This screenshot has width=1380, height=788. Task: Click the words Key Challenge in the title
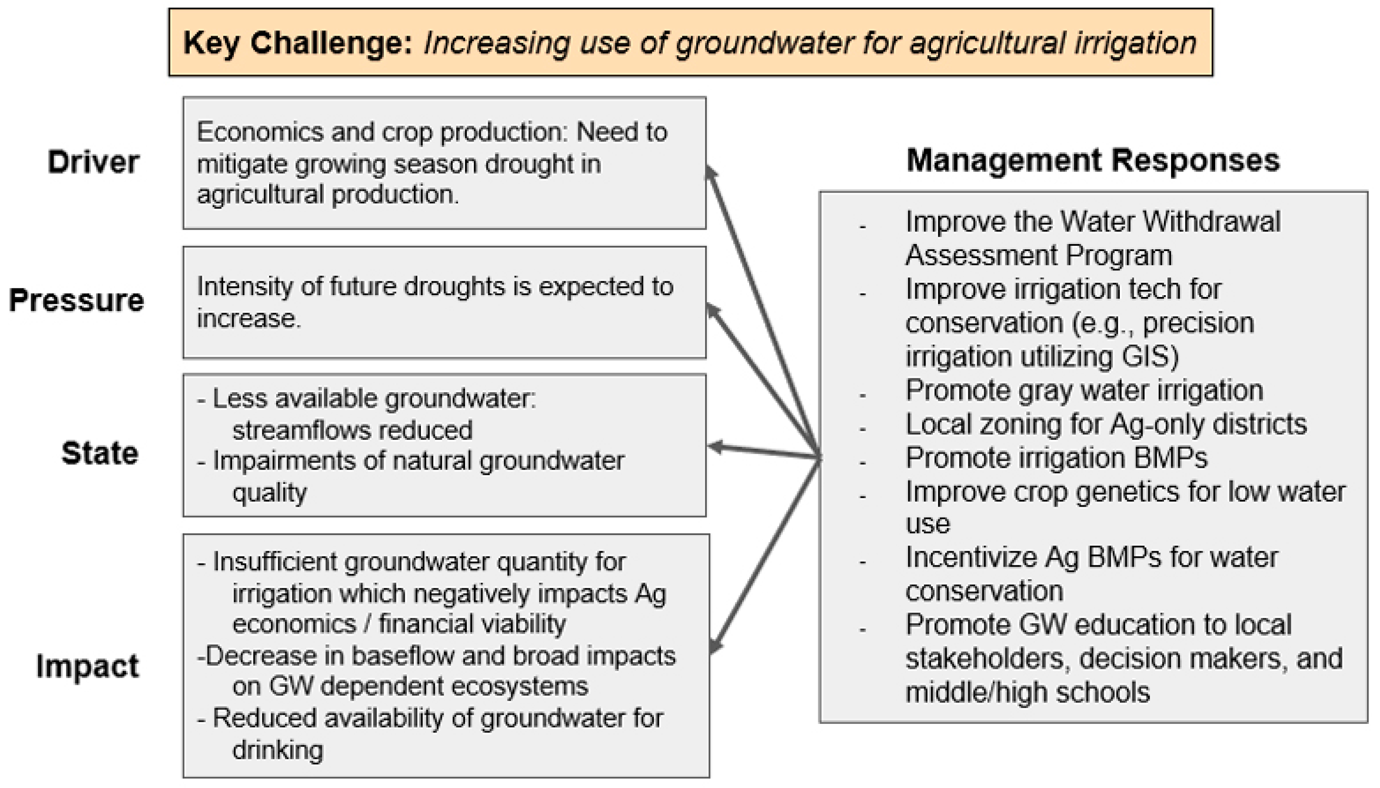pyautogui.click(x=298, y=43)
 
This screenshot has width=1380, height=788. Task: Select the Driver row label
pyautogui.click(x=93, y=162)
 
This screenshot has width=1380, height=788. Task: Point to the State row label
pyautogui.click(x=100, y=453)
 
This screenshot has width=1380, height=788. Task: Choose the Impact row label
pyautogui.click(x=87, y=666)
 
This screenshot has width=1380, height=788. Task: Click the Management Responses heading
pyautogui.click(x=1093, y=160)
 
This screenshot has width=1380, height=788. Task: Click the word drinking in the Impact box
pyautogui.click(x=278, y=750)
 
